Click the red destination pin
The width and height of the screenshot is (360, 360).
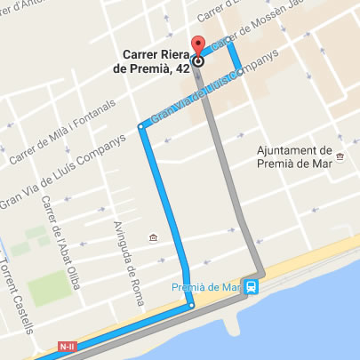pyautogui.click(x=197, y=45)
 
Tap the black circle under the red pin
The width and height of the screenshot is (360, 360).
pyautogui.click(x=197, y=61)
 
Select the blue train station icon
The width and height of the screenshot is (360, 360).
pyautogui.click(x=252, y=286)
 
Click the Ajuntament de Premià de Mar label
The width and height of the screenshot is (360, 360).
pyautogui.click(x=293, y=156)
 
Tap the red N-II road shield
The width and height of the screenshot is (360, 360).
pyautogui.click(x=68, y=345)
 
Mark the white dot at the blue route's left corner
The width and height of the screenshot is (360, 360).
pyautogui.click(x=140, y=128)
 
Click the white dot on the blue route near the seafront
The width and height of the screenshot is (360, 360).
pyautogui.click(x=191, y=306)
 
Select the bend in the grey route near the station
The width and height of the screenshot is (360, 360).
pyautogui.click(x=260, y=271)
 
